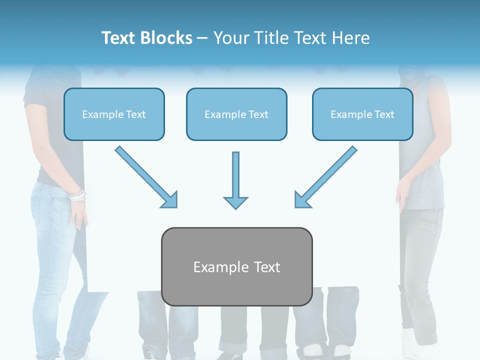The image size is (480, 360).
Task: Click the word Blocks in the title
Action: point(166,38)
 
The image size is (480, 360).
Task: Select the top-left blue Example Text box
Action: point(114,114)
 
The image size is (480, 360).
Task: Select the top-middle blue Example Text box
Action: point(236,114)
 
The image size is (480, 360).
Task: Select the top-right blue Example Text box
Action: point(362,114)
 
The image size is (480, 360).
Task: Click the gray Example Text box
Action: point(236,266)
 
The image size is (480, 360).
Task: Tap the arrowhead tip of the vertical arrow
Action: point(235,207)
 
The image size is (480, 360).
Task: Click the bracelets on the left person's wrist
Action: point(77,196)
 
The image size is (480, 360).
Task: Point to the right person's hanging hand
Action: point(401,197)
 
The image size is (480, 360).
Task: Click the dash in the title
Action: point(202,38)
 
